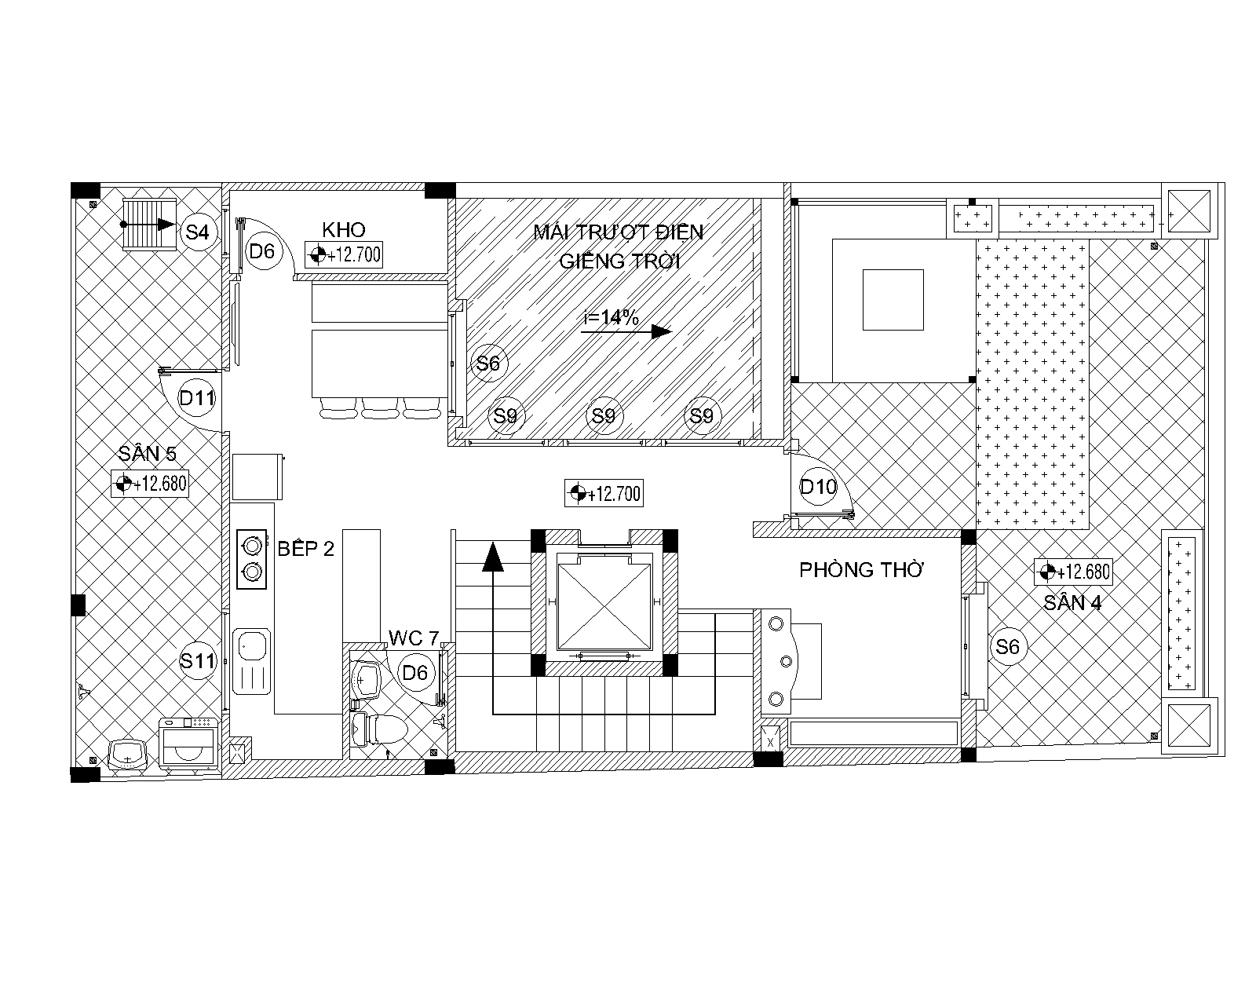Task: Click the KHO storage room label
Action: (344, 229)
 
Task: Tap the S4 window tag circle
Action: (197, 232)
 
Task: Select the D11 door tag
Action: (197, 397)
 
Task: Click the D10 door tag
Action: (818, 487)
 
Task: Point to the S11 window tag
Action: (198, 660)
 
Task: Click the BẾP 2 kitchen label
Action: (306, 548)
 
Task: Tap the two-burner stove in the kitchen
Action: (251, 560)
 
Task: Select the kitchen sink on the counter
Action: (251, 661)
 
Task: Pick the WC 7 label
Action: (414, 638)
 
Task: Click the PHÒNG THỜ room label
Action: (861, 569)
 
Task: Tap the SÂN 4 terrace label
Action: (1073, 603)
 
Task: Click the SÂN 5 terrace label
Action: (147, 453)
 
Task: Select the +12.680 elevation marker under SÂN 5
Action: (150, 484)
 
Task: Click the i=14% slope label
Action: (611, 317)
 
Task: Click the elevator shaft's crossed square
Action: (604, 601)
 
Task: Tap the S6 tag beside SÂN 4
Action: (1007, 646)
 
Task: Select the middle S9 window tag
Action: (604, 415)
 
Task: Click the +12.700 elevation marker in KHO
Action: (344, 254)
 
